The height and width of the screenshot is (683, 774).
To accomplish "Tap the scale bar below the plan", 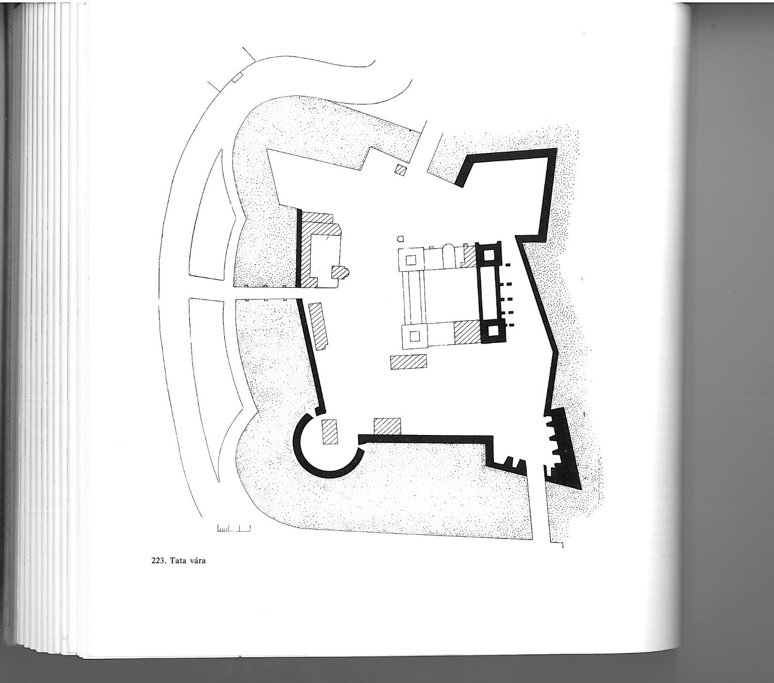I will pyautogui.click(x=234, y=528).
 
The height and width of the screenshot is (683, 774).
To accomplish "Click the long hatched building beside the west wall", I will pyautogui.click(x=318, y=326).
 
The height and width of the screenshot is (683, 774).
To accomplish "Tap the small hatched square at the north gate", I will pyautogui.click(x=401, y=171).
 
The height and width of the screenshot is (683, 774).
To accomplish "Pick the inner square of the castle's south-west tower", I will pyautogui.click(x=414, y=335).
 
